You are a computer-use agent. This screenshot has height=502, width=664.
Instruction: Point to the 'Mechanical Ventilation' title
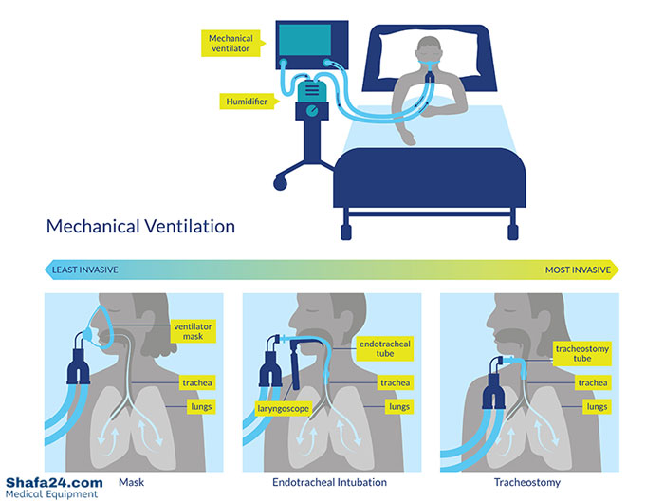(140, 227)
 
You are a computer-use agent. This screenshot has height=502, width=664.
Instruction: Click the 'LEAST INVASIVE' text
(85, 270)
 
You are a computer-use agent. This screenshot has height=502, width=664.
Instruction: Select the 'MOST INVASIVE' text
(578, 270)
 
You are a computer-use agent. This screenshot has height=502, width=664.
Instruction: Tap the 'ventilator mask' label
(193, 331)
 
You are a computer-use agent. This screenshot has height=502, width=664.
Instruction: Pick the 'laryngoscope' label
(283, 411)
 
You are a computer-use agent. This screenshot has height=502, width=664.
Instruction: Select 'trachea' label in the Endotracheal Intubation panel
(395, 382)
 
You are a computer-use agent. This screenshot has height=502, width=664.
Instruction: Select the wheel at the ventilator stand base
(280, 179)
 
